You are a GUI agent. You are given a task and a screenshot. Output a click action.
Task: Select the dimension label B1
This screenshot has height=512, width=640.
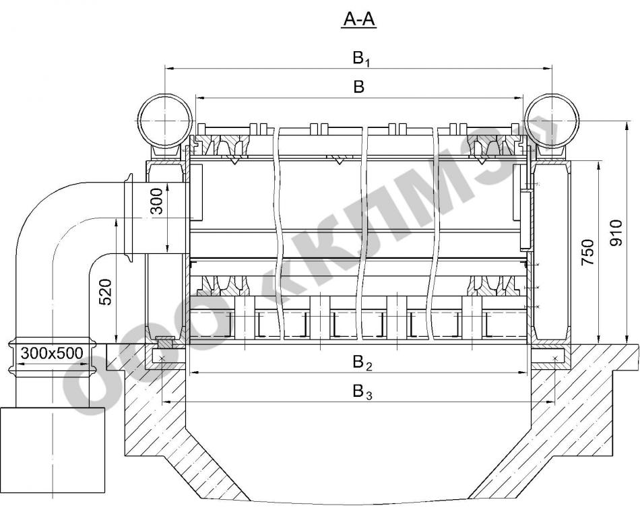point(361,59)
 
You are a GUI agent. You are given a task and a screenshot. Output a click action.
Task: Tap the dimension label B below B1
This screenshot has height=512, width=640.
point(359,87)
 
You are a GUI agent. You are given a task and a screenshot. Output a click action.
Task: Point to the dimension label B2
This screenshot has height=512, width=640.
point(362,362)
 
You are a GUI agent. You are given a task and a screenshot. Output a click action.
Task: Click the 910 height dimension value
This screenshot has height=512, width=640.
point(616,232)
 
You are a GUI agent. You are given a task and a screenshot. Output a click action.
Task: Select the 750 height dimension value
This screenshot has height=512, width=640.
point(587,253)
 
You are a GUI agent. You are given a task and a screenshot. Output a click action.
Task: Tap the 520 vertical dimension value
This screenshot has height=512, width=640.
point(105,292)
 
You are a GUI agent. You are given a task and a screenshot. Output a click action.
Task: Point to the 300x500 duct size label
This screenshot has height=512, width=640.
point(52,353)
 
